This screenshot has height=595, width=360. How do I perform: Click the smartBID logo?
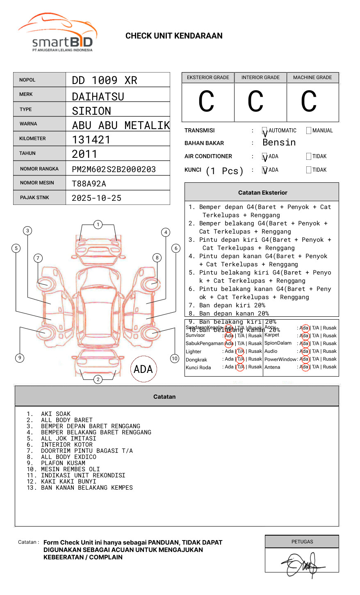(57, 33)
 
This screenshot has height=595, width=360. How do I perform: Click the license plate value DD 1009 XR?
(105, 80)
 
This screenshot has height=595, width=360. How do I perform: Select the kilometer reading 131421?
(91, 140)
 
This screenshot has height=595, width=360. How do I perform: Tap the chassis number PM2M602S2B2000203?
(114, 169)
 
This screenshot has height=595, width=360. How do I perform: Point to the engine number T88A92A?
(89, 184)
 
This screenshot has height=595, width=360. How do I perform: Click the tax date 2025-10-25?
(96, 198)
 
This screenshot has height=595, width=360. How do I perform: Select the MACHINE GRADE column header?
(312, 77)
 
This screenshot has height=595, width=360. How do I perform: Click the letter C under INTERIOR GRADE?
(255, 102)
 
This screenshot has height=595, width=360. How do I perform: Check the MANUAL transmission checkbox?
(309, 131)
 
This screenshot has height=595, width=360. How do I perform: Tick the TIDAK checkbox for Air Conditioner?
(309, 157)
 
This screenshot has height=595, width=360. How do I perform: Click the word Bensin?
(279, 143)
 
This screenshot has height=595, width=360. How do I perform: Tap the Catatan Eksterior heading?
(262, 193)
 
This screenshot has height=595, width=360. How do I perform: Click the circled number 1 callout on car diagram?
(98, 225)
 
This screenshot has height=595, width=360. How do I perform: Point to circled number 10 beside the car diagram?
(175, 359)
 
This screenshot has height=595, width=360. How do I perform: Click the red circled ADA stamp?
(143, 369)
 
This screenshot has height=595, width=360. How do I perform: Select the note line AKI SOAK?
(55, 414)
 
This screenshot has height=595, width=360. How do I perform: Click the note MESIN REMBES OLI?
(70, 469)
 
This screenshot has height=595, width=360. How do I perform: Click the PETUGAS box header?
(302, 542)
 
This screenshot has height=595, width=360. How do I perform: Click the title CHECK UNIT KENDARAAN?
(174, 36)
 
